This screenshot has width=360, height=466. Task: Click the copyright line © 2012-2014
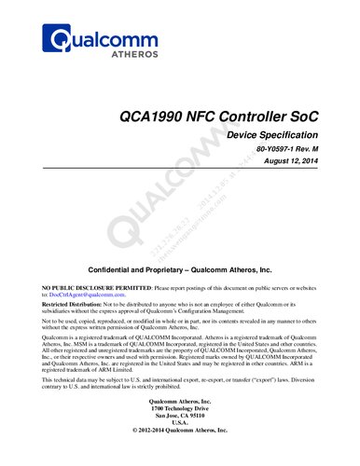pyautogui.click(x=180, y=459)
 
